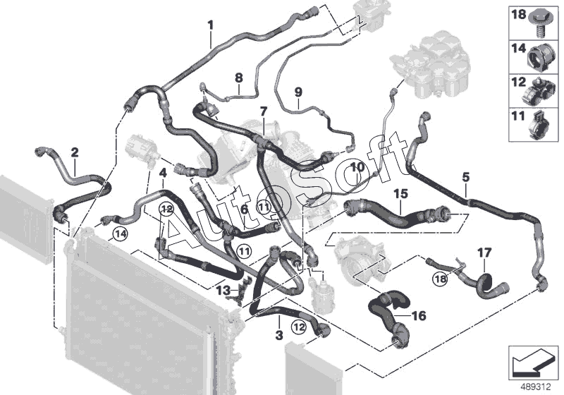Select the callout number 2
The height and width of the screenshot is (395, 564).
(75, 151)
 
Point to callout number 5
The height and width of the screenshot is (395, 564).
(465, 176)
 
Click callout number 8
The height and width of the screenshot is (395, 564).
(238, 77)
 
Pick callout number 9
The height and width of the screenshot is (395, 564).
(298, 92)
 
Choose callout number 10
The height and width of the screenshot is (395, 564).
(356, 167)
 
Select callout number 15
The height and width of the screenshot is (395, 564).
(400, 192)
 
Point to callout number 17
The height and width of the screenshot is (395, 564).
(484, 251)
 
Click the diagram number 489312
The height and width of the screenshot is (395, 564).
(537, 387)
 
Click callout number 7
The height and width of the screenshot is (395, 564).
(263, 111)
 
